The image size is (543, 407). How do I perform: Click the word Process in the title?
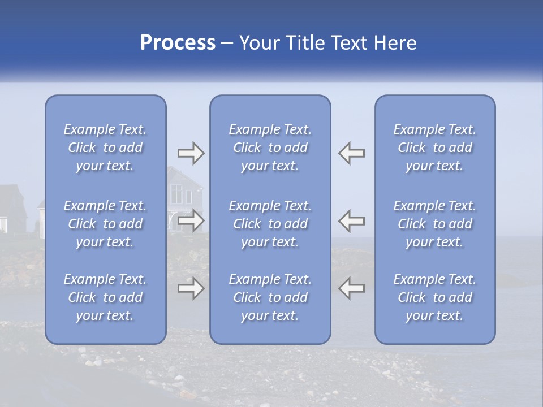178,43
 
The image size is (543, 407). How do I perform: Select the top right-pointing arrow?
191,153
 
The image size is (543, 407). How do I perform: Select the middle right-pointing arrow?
191,220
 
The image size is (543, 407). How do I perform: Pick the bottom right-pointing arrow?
191,288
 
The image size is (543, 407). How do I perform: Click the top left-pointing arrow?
351,153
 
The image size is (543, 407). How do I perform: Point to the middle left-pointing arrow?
351,220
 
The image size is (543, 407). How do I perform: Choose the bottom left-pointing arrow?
351,288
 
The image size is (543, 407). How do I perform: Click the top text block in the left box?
105,148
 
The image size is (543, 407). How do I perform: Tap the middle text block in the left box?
105,224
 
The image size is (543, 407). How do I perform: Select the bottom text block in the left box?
105,297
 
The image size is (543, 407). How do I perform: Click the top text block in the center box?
270,148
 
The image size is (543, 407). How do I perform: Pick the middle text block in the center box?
270,224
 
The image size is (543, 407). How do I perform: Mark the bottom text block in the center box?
270,297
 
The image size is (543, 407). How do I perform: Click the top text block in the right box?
434,148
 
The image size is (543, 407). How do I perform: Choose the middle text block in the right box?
434,224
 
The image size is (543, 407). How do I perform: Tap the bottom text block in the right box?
434,297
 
